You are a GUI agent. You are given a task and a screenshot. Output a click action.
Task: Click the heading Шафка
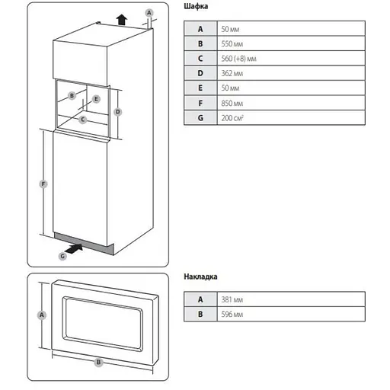(x=196, y=6)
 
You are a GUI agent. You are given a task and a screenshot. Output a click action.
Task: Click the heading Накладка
(x=200, y=277)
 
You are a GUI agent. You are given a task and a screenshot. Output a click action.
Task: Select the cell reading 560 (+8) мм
(x=291, y=59)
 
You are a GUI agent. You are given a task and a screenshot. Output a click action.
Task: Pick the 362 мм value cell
(x=291, y=73)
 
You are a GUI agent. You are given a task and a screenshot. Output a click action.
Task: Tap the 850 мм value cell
(x=291, y=103)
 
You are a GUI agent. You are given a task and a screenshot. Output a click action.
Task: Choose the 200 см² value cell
(x=291, y=117)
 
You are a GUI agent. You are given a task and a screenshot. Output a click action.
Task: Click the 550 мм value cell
(x=291, y=43)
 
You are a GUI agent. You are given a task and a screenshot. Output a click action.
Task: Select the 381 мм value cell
(x=291, y=299)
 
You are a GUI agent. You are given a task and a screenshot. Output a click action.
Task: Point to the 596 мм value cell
(x=291, y=314)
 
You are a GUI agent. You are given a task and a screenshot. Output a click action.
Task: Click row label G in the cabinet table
(x=200, y=117)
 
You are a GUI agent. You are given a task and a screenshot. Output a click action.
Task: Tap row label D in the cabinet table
(x=200, y=73)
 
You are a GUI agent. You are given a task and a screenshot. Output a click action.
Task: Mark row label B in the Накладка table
(x=200, y=314)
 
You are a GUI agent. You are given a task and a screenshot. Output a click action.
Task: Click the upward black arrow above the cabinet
(x=122, y=20)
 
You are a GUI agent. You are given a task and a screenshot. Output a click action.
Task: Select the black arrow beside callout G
(x=74, y=248)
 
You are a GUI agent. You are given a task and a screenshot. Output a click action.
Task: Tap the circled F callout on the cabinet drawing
(x=43, y=184)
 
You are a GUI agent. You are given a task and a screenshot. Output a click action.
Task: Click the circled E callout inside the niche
(x=96, y=99)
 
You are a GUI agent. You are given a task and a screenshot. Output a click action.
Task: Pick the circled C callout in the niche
(x=83, y=120)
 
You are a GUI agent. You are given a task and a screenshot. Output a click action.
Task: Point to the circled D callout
(x=118, y=112)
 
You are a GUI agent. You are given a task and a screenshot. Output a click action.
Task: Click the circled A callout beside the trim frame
(x=42, y=315)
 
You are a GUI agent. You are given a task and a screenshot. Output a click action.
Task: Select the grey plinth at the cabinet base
(x=84, y=244)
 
